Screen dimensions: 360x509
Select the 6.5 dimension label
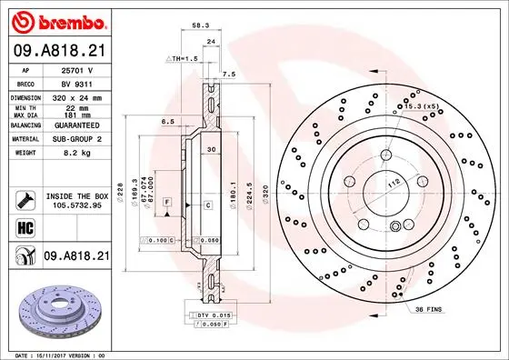(168, 121)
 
